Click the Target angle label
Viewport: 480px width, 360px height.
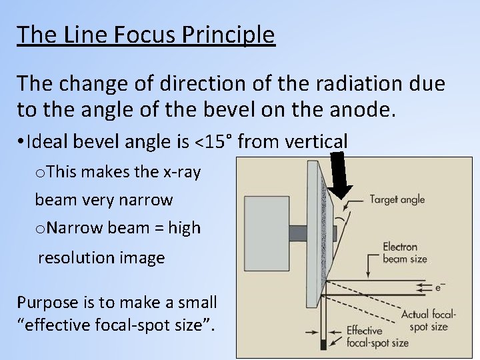coord(397,199)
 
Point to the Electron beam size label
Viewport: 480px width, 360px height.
coord(405,253)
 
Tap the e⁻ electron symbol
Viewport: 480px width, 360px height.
coord(441,287)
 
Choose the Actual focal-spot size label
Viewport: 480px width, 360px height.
coord(428,321)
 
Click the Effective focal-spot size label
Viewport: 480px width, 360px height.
coord(377,337)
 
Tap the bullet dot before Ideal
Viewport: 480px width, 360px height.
coord(23,142)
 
